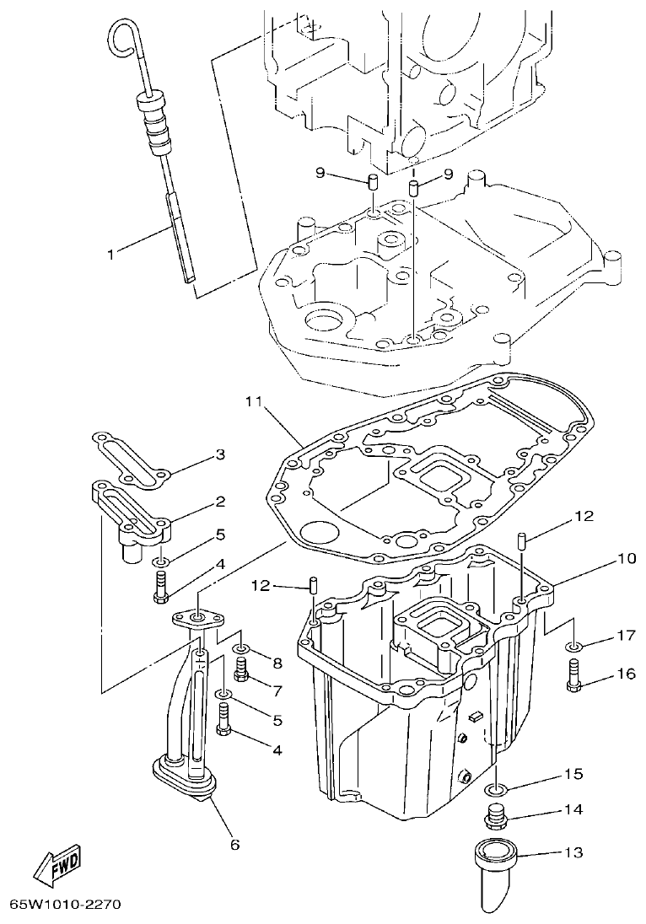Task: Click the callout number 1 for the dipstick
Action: pyautogui.click(x=111, y=251)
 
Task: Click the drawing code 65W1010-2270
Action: pyautogui.click(x=65, y=905)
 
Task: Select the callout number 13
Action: pyautogui.click(x=573, y=852)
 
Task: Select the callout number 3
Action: pyautogui.click(x=219, y=454)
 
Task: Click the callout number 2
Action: pyautogui.click(x=219, y=502)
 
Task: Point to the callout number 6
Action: pyautogui.click(x=234, y=843)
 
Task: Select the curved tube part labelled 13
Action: pyautogui.click(x=498, y=868)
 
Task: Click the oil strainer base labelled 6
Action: pyautogui.click(x=181, y=774)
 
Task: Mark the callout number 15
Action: pyautogui.click(x=573, y=773)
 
